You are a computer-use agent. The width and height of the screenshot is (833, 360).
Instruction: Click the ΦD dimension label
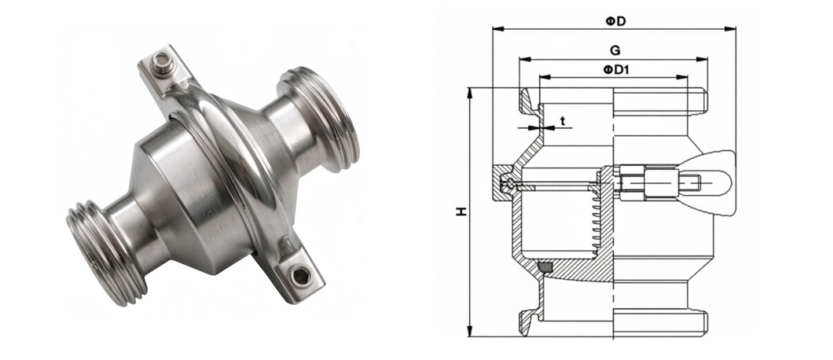(x=615, y=21)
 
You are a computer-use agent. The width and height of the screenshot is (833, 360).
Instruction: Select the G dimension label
(x=615, y=51)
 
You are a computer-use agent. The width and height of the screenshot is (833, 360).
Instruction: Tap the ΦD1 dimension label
(x=615, y=70)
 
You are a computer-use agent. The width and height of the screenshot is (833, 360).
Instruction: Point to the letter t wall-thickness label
(x=563, y=121)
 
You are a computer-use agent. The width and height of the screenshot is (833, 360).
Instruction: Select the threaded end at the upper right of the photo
(x=319, y=120)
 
